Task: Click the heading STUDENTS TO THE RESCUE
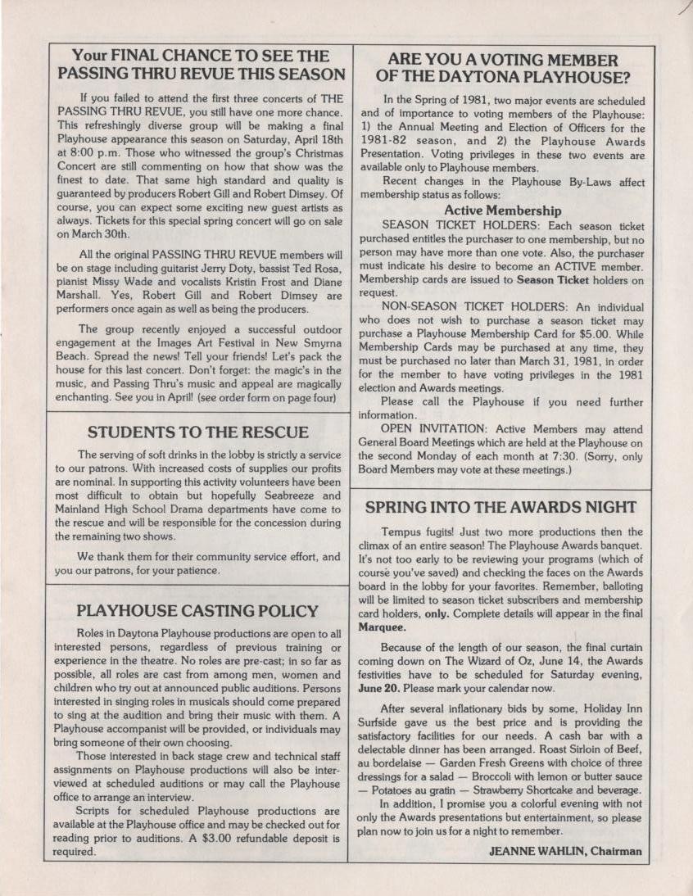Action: click(x=198, y=432)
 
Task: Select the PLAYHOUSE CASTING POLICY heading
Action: click(x=197, y=611)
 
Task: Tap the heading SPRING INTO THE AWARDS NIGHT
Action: click(x=500, y=506)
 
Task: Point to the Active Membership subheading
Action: click(x=502, y=210)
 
